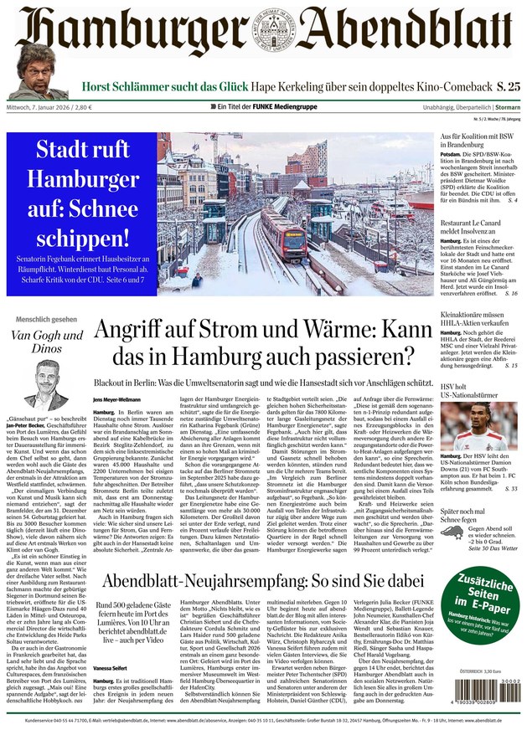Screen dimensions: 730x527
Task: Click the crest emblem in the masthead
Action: pos(263,35)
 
